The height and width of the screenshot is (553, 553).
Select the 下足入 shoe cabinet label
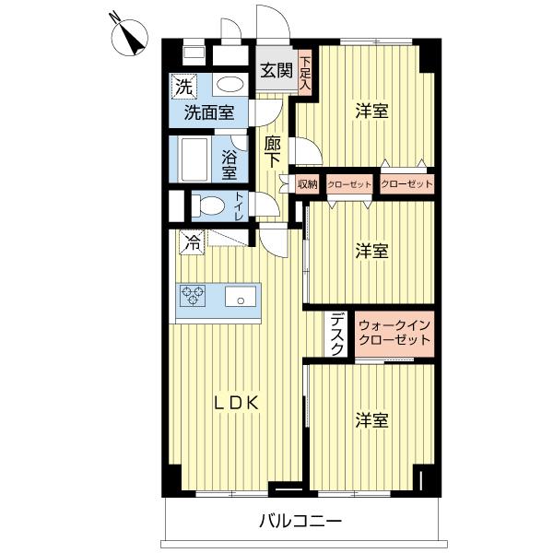305,74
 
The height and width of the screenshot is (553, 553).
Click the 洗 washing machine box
182,88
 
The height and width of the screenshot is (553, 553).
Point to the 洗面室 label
207,114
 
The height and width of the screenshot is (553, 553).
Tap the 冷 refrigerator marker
192,243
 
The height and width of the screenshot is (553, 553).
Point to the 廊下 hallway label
272,151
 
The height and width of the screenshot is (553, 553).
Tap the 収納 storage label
307,184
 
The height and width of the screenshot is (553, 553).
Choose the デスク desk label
337,335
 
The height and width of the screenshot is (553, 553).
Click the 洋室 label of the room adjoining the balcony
371,420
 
